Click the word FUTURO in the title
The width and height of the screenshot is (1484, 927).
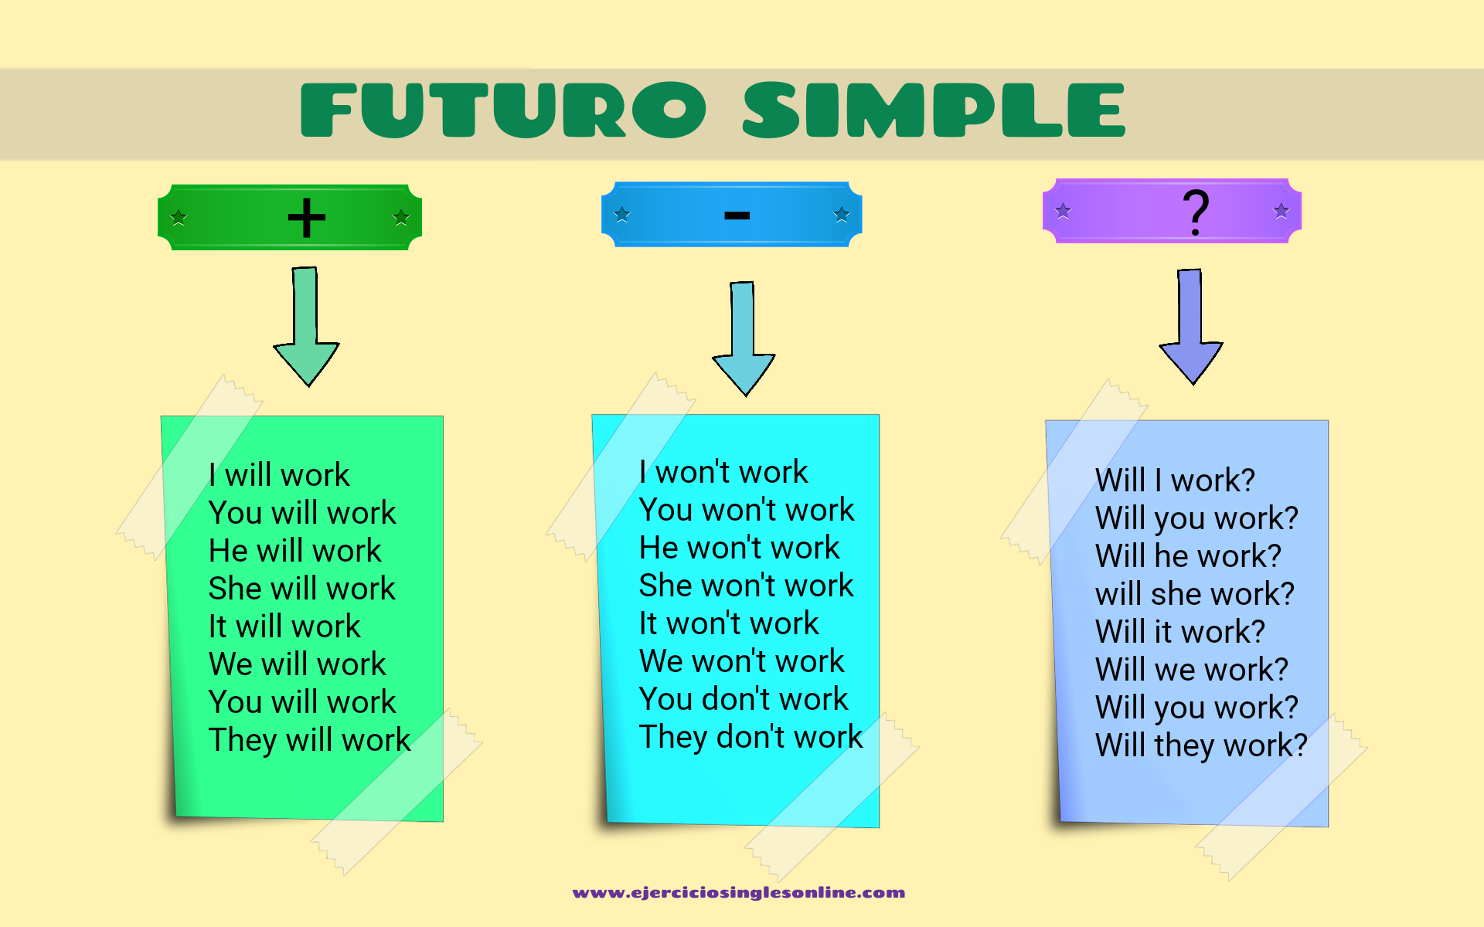(502, 110)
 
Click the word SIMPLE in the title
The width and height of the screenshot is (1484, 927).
(934, 110)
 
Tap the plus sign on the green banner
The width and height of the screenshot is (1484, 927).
(307, 217)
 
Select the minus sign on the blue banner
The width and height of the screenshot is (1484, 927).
(737, 216)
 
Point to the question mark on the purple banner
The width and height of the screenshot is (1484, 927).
(1196, 211)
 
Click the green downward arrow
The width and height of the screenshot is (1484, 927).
(307, 326)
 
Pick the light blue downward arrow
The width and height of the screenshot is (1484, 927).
(744, 338)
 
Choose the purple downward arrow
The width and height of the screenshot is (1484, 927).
(1191, 326)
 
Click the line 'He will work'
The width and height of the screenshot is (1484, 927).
(295, 551)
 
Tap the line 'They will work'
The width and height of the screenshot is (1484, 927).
(310, 740)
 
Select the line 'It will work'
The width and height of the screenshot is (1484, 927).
(284, 626)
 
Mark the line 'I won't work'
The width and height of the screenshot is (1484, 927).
(723, 471)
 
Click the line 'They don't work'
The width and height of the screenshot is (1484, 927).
(751, 736)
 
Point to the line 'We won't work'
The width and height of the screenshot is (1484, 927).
(742, 661)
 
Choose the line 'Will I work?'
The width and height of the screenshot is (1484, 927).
(1175, 480)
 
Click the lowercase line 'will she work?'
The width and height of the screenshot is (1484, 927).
(1195, 594)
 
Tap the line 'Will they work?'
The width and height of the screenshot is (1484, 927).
(1202, 745)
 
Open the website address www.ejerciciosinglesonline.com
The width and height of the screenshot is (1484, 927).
(739, 893)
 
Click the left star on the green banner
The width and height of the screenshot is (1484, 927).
(179, 217)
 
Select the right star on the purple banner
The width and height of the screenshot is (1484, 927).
(1281, 210)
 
